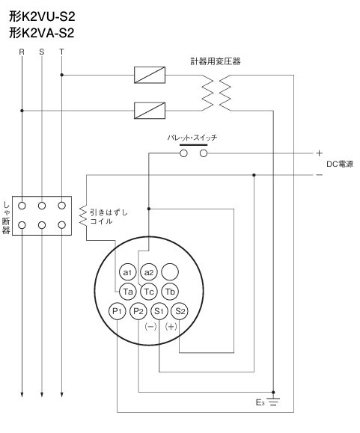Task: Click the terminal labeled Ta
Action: click(x=128, y=292)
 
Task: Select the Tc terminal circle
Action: click(x=149, y=292)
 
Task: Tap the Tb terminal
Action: click(x=170, y=292)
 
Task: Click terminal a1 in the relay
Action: click(x=128, y=272)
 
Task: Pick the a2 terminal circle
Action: click(x=149, y=272)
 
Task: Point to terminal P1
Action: click(x=118, y=311)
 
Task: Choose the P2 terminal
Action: click(x=138, y=311)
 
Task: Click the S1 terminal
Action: click(x=159, y=311)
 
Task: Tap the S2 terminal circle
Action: click(x=180, y=311)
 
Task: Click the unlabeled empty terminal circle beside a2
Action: click(x=170, y=272)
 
